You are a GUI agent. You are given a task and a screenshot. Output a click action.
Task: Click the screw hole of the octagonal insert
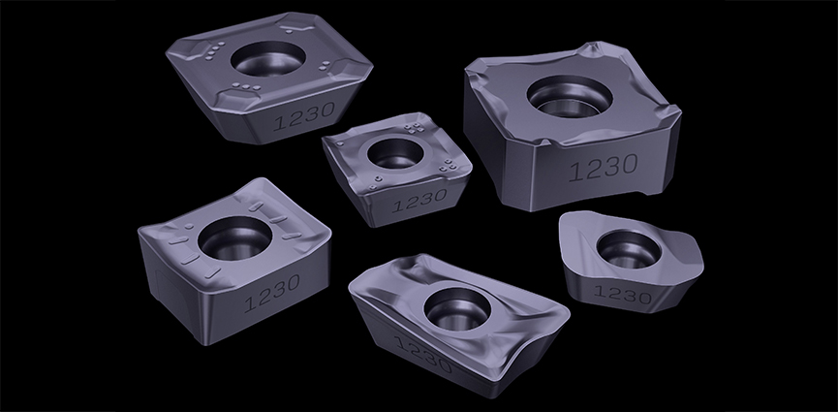tap(268, 59)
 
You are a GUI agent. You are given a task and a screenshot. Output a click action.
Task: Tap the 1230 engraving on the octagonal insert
tap(304, 116)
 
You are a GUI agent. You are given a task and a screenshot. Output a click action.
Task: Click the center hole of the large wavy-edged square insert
tap(570, 97)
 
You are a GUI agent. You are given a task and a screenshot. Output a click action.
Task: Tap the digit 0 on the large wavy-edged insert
tap(628, 164)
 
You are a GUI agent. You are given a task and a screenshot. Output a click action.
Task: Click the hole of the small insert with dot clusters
tap(395, 153)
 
